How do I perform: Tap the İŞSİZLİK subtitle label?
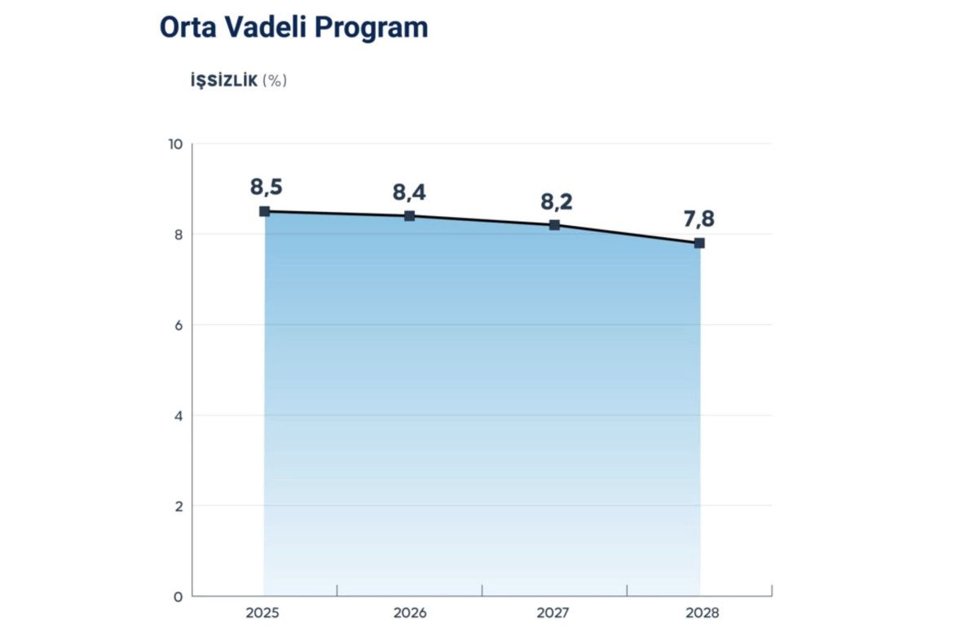pos(223,81)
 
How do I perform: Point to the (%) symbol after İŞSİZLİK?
pos(275,81)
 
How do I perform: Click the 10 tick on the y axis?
pos(174,144)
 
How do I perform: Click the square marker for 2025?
pos(264,211)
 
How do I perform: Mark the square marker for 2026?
pos(409,216)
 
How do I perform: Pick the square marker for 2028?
pos(699,243)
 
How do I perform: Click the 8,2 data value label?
pos(557,202)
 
